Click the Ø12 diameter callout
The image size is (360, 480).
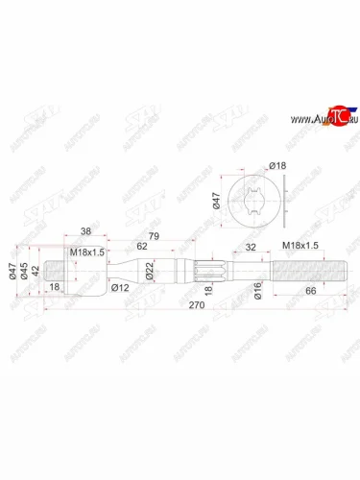(x=121, y=287)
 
